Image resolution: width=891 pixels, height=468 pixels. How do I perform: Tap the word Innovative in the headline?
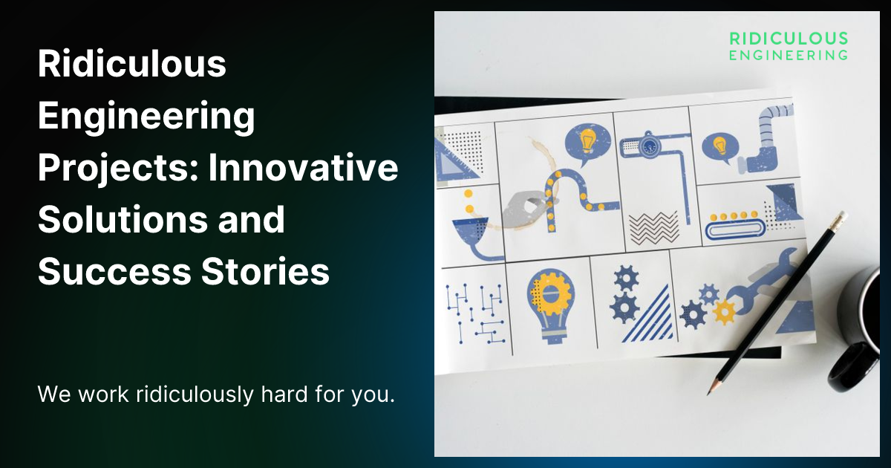[x=303, y=169]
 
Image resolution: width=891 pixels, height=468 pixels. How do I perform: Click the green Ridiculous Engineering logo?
[x=788, y=45]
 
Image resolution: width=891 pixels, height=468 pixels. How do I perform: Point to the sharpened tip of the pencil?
[x=711, y=391]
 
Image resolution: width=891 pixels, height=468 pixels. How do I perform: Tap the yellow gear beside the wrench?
[x=724, y=313]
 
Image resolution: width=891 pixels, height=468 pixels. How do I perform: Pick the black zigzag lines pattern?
[x=653, y=226]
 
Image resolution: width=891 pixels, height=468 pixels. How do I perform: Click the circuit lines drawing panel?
[x=475, y=311]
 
